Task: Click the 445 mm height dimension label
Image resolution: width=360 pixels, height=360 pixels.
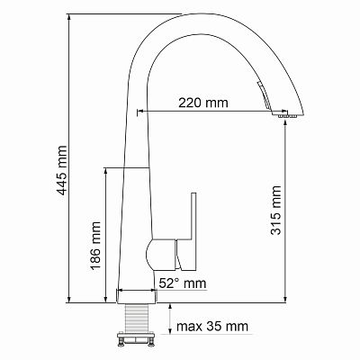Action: pyautogui.click(x=62, y=170)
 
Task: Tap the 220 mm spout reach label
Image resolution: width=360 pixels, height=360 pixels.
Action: pyautogui.click(x=203, y=103)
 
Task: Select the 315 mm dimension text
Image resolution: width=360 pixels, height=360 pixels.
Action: pyautogui.click(x=276, y=210)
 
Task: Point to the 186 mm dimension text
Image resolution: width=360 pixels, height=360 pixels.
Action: pyautogui.click(x=95, y=246)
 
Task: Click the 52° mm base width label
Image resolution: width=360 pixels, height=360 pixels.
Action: pyautogui.click(x=183, y=283)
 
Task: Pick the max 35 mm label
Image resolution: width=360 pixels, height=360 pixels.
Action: pyautogui.click(x=212, y=326)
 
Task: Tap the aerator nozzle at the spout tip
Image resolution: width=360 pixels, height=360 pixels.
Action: pyautogui.click(x=287, y=116)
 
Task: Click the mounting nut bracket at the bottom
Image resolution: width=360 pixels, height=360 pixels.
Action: pyautogui.click(x=137, y=339)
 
